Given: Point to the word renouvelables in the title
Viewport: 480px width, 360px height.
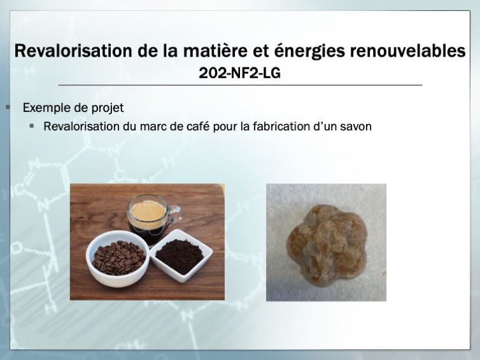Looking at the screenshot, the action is click(x=408, y=51).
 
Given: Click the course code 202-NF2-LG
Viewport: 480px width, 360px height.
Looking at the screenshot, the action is click(x=239, y=73).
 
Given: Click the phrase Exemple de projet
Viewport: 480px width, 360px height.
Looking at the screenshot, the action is click(x=73, y=108).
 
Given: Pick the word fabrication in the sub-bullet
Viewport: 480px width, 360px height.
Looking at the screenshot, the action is click(x=281, y=127).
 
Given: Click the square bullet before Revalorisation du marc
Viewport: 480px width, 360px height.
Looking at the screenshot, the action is click(x=32, y=126).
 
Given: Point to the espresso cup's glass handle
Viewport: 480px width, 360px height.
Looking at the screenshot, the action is click(x=176, y=216).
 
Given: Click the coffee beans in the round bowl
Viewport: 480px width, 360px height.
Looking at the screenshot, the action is click(x=118, y=258).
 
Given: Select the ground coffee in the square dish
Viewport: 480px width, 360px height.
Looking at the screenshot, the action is click(x=180, y=256).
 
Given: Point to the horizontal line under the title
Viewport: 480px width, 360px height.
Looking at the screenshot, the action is click(x=240, y=85).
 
